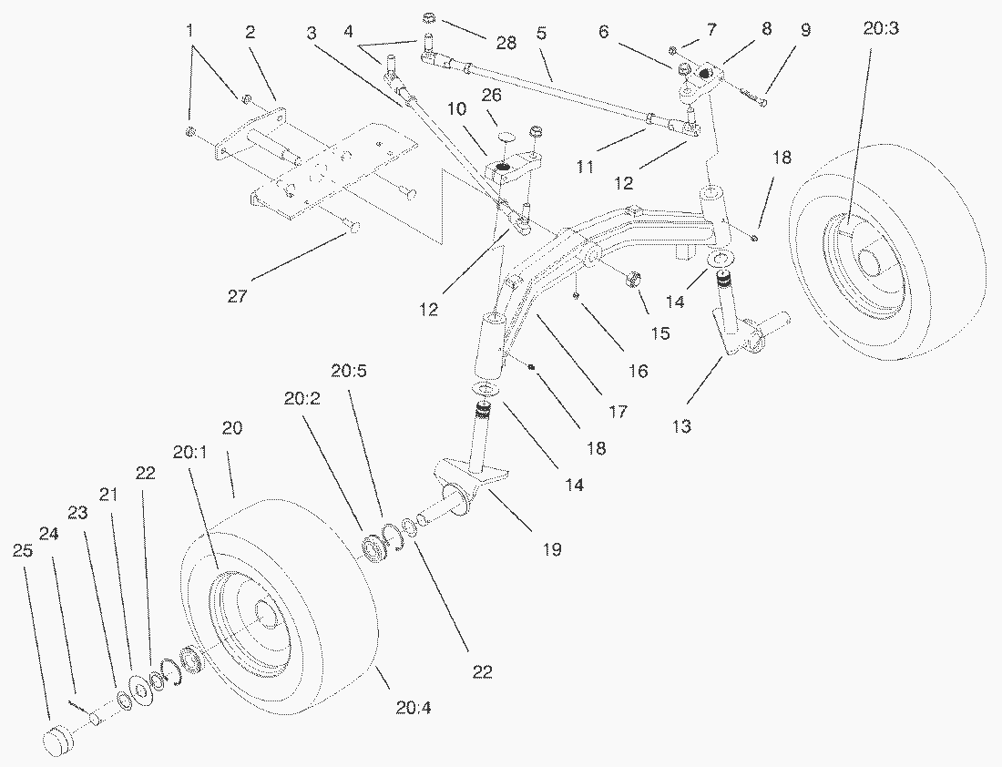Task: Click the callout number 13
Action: [681, 426]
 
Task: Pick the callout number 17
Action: [617, 411]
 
